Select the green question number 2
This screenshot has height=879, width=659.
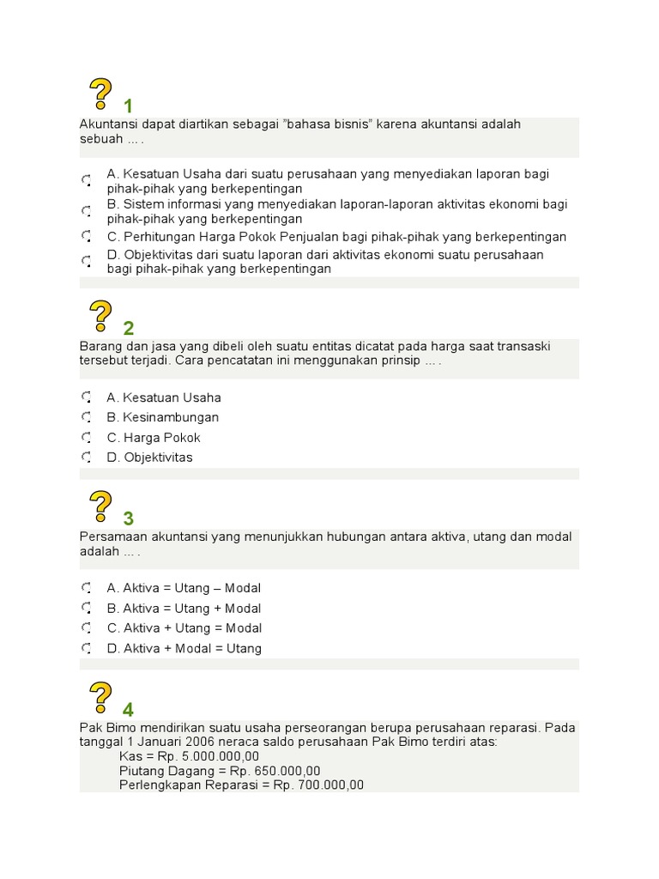[129, 328]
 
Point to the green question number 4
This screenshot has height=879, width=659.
[129, 709]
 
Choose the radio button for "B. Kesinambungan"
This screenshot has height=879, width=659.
[87, 417]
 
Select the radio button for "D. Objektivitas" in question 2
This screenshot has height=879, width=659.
[87, 458]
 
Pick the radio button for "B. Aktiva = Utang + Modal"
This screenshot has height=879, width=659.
[87, 609]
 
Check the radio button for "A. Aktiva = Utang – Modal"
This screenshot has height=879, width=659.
[87, 589]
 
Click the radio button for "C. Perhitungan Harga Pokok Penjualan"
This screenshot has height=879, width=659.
[87, 236]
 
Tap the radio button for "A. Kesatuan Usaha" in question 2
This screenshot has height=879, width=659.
[87, 397]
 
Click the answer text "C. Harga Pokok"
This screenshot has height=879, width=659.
[154, 438]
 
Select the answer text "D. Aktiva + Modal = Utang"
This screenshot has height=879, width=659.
[184, 649]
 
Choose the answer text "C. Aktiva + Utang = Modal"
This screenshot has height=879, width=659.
[184, 628]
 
